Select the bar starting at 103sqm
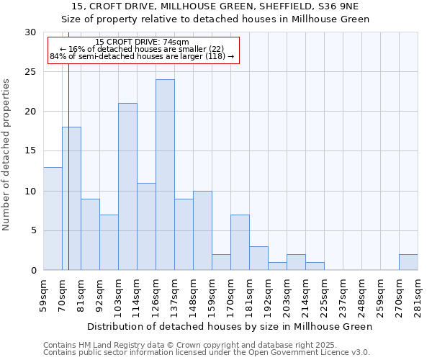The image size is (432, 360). [127, 186]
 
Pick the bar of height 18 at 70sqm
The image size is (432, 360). [71, 199]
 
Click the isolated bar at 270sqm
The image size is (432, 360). [408, 263]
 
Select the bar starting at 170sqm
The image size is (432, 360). [240, 243]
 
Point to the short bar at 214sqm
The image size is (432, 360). [315, 266]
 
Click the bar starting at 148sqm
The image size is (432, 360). [202, 230]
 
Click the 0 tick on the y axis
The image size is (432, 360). [33, 271]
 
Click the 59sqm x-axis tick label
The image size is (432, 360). [44, 296]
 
